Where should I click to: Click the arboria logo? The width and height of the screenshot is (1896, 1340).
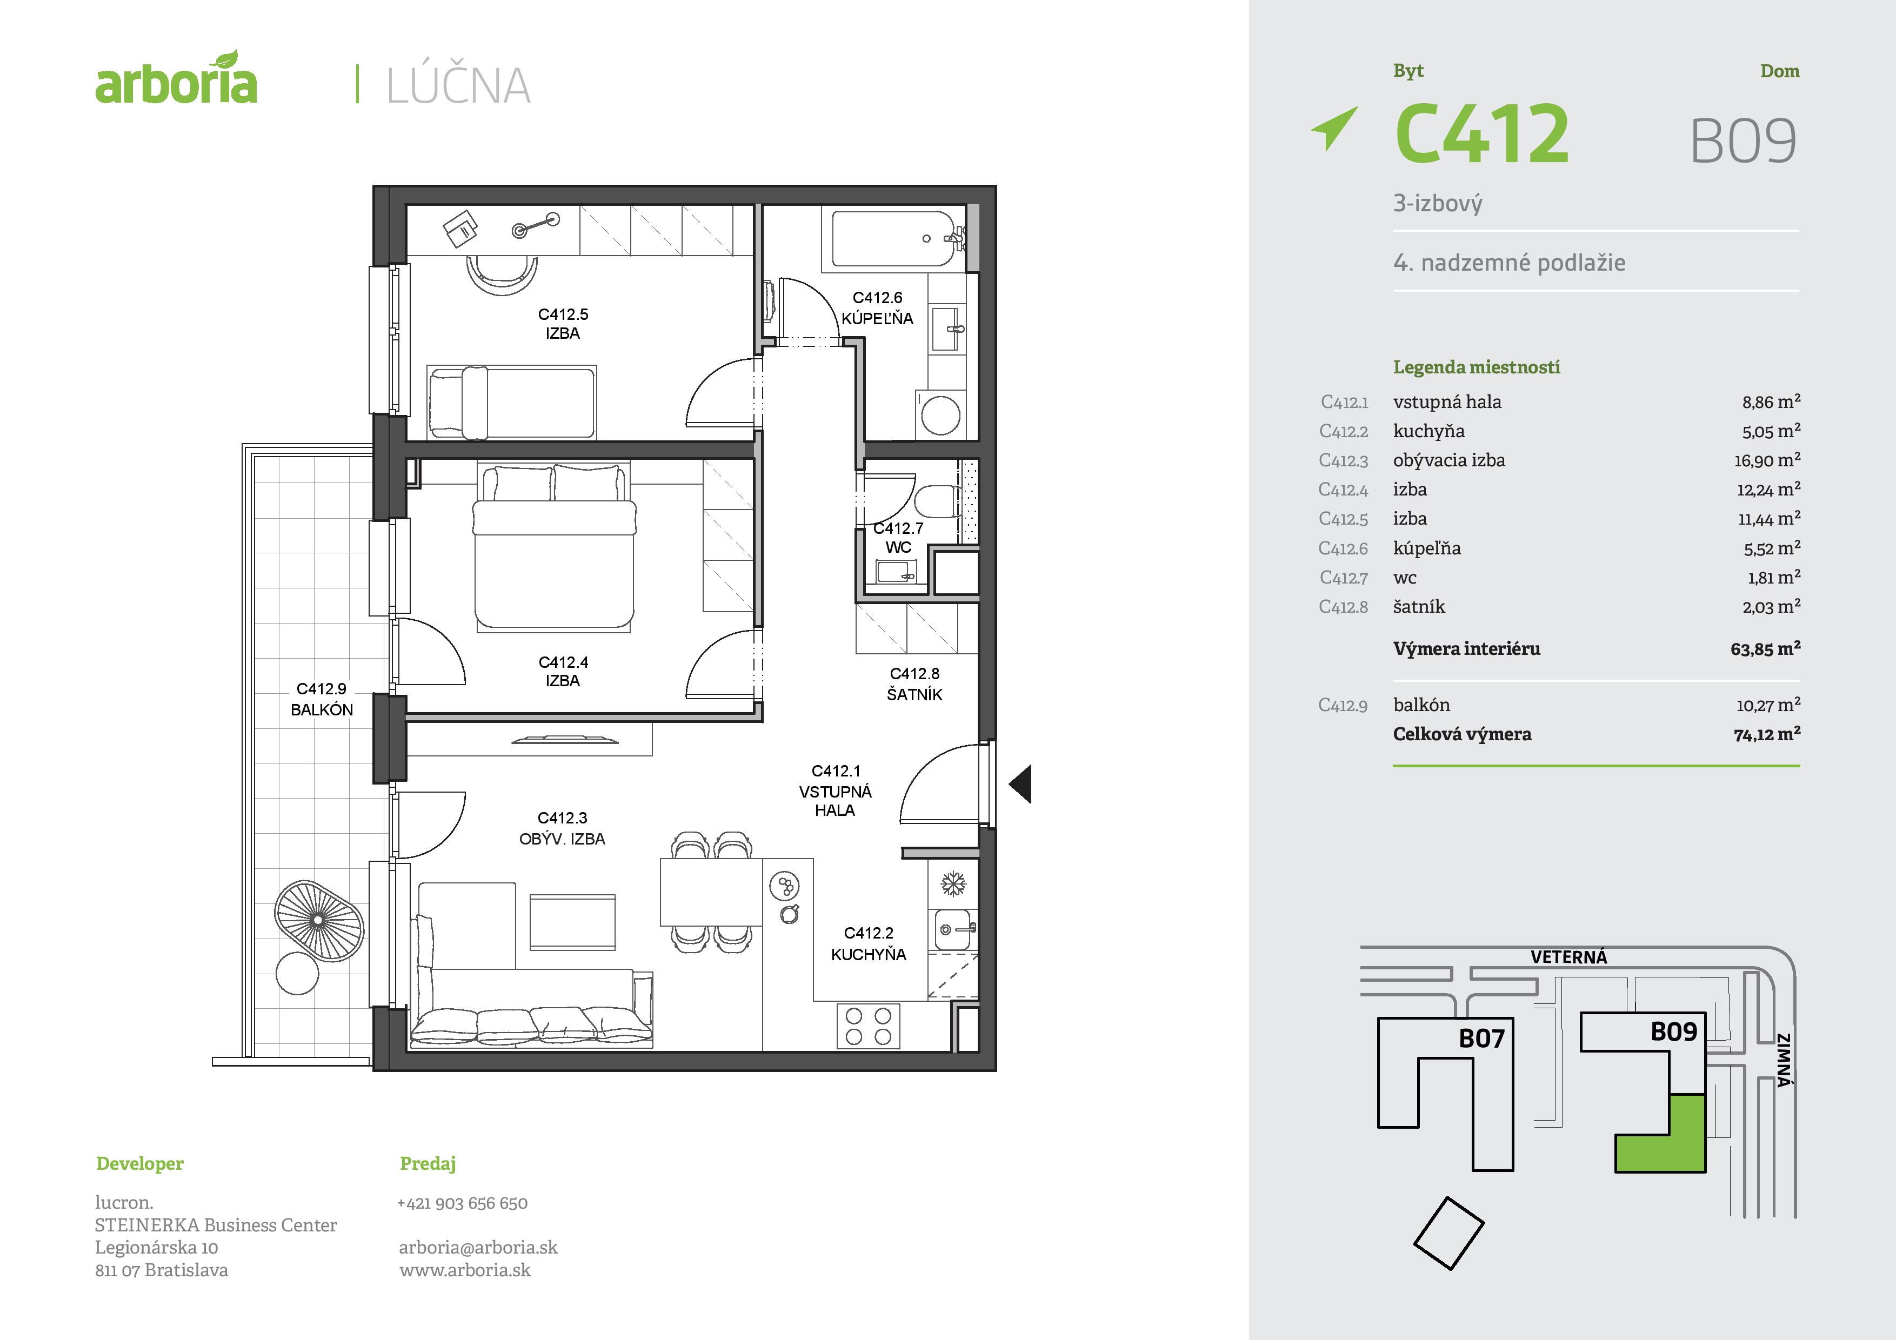point(176,79)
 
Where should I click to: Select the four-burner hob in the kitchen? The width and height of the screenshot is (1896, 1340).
point(868,1026)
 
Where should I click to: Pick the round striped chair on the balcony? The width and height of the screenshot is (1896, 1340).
point(319,921)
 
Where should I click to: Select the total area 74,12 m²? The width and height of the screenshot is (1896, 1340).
point(1766,734)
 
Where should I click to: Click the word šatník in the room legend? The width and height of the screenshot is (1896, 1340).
point(1419,607)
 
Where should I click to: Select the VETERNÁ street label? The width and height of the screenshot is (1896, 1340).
point(1568,957)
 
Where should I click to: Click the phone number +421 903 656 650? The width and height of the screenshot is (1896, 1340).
point(463,1203)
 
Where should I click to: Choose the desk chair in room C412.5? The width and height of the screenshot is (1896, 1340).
point(501,276)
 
